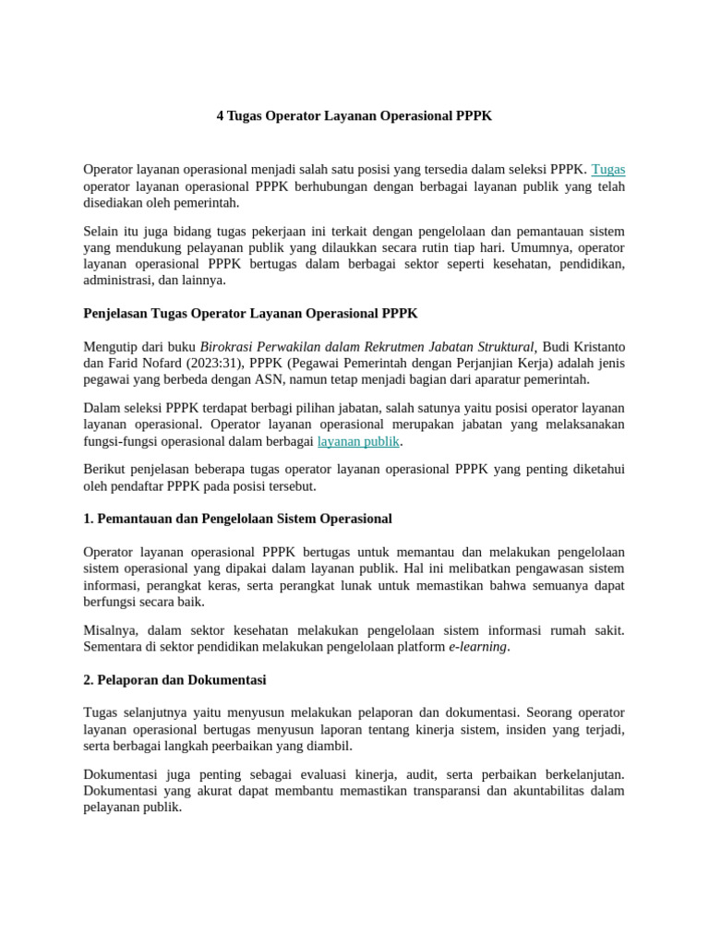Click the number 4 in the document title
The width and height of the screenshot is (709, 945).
(221, 116)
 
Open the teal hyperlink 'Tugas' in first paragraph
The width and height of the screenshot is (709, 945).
(607, 170)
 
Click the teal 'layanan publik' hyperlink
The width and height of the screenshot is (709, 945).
(358, 442)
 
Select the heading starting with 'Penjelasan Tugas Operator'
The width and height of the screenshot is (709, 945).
(250, 314)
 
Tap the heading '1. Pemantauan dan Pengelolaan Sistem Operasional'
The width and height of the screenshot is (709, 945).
(237, 519)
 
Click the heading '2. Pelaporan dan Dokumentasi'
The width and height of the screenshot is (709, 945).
(174, 680)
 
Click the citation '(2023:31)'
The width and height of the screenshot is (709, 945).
(215, 364)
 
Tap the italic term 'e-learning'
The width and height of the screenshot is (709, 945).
(478, 647)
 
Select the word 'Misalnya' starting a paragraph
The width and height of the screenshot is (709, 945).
(111, 630)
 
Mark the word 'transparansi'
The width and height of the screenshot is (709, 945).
(446, 791)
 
